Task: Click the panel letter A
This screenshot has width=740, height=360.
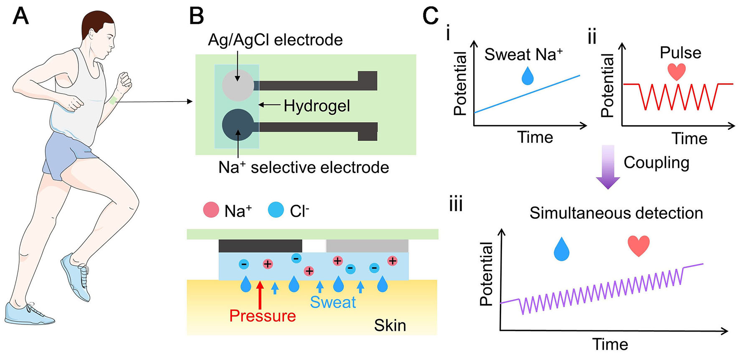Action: (x=20, y=16)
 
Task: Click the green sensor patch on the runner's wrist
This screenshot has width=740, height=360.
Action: (x=113, y=101)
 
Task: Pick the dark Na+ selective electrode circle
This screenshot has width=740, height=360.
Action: (x=238, y=124)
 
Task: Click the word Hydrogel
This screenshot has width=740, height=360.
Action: (x=317, y=106)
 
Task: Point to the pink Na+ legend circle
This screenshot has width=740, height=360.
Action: (x=211, y=210)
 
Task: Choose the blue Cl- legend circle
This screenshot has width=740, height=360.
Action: (x=276, y=210)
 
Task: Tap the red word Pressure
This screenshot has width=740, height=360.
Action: (x=262, y=316)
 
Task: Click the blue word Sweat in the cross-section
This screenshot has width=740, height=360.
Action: (x=333, y=302)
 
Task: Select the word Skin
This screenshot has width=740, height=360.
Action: (x=390, y=325)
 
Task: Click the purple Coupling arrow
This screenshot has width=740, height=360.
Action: (x=608, y=167)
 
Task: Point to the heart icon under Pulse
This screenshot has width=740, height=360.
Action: (x=677, y=71)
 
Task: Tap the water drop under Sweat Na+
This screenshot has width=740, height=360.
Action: (x=528, y=77)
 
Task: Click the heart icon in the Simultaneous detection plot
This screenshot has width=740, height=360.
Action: (x=639, y=246)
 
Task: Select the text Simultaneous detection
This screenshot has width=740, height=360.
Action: (x=616, y=213)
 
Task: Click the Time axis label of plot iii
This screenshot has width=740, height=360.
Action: (x=610, y=345)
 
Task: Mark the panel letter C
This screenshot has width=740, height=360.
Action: (x=430, y=16)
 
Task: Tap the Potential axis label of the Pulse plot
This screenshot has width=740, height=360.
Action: (x=607, y=86)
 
